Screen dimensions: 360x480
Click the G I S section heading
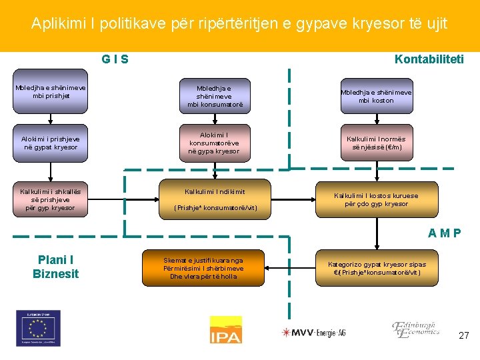pyautogui.click(x=115, y=59)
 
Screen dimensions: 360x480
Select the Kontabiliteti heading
pyautogui.click(x=429, y=59)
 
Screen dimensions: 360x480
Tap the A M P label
pyautogui.click(x=443, y=233)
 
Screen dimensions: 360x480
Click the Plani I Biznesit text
pyautogui.click(x=55, y=267)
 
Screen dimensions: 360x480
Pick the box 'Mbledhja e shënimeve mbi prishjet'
pyautogui.click(x=51, y=91)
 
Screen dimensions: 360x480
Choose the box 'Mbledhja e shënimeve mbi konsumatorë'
pyautogui.click(x=215, y=95)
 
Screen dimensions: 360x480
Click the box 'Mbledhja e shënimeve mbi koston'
pyautogui.click(x=376, y=96)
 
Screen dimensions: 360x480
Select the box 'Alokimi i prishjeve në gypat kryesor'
pyautogui.click(x=51, y=143)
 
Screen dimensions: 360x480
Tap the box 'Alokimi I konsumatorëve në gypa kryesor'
pyautogui.click(x=215, y=143)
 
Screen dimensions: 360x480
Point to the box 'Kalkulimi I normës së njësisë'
pyautogui.click(x=376, y=143)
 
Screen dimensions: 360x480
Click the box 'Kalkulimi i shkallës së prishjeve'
pyautogui.click(x=51, y=199)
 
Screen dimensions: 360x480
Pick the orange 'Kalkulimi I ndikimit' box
pyautogui.click(x=215, y=199)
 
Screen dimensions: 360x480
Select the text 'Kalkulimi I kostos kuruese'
pyautogui.click(x=376, y=199)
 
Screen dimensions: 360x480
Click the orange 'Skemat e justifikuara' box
pyautogui.click(x=203, y=268)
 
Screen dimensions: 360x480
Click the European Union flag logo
pyautogui.click(x=38, y=328)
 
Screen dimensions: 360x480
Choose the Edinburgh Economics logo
pyautogui.click(x=415, y=328)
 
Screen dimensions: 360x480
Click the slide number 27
pyautogui.click(x=463, y=335)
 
